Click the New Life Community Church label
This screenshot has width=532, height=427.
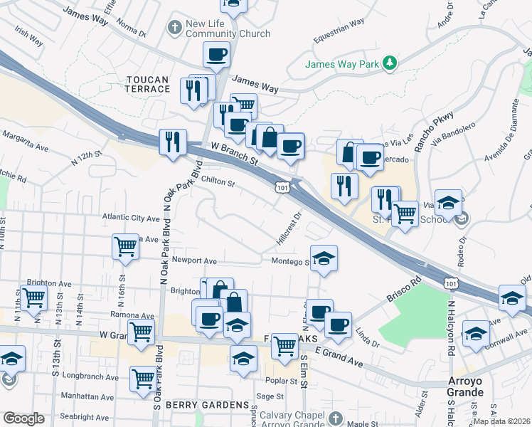[x=227, y=28]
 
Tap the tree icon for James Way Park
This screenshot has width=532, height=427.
[x=389, y=63]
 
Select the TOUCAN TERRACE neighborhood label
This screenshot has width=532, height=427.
[x=148, y=83]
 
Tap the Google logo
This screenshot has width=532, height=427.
[x=23, y=418]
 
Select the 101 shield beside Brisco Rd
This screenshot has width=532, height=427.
[x=449, y=282]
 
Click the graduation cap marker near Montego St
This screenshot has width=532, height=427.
[x=324, y=258]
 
